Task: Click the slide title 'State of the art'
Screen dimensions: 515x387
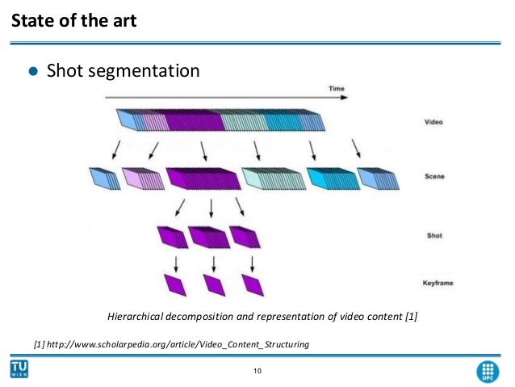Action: click(x=73, y=19)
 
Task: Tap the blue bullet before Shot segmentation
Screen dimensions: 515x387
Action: click(x=33, y=72)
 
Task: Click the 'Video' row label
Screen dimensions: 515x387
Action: click(x=433, y=123)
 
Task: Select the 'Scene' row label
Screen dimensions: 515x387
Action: click(x=433, y=175)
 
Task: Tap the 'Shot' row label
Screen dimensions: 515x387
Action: click(x=433, y=236)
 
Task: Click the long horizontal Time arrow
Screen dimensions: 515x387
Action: click(x=226, y=98)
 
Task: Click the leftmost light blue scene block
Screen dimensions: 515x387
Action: click(x=104, y=178)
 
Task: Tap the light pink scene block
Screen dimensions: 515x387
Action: click(x=140, y=178)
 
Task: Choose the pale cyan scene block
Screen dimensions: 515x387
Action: click(x=272, y=178)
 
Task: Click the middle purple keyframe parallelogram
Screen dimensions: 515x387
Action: click(x=213, y=284)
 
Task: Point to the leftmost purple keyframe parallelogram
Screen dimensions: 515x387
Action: click(x=174, y=284)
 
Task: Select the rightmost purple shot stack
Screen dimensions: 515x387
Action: click(x=245, y=236)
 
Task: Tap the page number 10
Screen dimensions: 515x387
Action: click(x=257, y=371)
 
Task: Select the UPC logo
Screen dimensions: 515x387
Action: click(x=488, y=369)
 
